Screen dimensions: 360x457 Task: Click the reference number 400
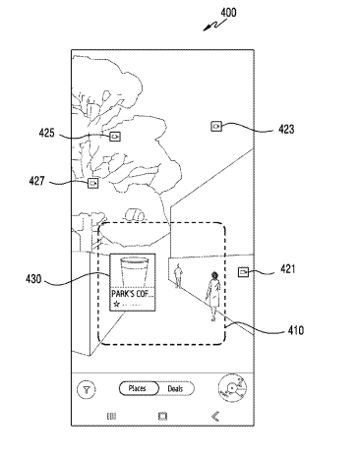[228, 13]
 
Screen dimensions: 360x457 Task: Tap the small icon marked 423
[216, 126]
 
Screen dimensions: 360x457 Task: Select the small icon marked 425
[115, 137]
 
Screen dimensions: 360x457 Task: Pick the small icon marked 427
[93, 183]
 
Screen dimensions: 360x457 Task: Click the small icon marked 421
[243, 272]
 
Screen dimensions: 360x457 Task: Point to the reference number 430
[34, 279]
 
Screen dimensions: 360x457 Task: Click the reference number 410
[296, 330]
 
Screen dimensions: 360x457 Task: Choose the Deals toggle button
[176, 389]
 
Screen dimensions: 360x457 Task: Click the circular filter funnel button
[87, 389]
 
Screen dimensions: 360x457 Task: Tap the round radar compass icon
[232, 388]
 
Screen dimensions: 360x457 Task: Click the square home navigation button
[162, 417]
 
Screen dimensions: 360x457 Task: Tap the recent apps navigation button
[111, 417]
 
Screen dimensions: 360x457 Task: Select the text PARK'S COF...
[133, 293]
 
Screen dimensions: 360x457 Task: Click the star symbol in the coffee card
[116, 305]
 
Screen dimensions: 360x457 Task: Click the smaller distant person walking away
[178, 275]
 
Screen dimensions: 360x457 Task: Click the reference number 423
[286, 130]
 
